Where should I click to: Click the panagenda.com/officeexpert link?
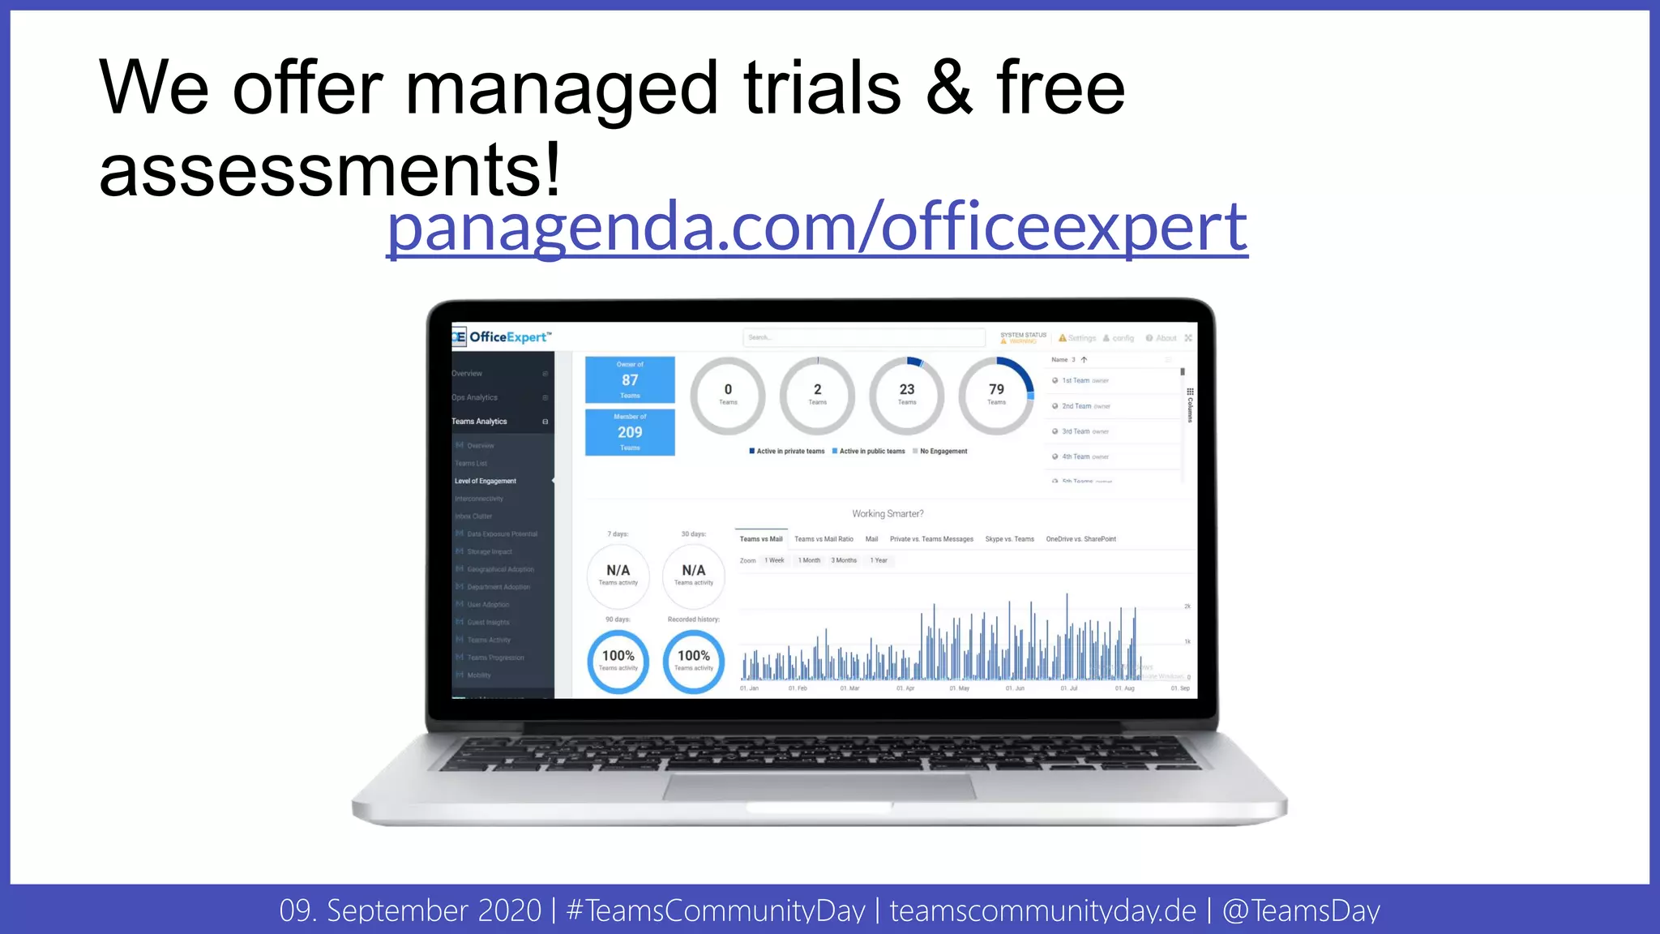coord(816,229)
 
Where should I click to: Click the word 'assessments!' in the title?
coord(329,171)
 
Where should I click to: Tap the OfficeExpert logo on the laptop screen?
coord(502,337)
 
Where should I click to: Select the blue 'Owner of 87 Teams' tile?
coord(630,379)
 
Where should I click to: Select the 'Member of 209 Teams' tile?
coord(630,432)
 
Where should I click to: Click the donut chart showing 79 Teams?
coord(996,395)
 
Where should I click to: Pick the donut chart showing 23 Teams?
coord(906,395)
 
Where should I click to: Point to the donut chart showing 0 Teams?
coord(728,395)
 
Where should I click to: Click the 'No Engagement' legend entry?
coord(942,452)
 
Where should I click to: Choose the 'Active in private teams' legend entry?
coord(788,452)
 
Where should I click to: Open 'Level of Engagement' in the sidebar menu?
coord(485,482)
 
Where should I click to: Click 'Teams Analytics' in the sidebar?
coord(479,422)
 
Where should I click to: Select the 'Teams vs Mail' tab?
coord(760,539)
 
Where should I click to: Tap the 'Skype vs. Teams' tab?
coord(1009,539)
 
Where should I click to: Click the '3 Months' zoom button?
coord(843,560)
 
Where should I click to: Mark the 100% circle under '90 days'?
coord(618,661)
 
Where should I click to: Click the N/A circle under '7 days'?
coord(618,575)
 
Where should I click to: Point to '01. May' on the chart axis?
coord(959,688)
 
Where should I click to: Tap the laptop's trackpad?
coord(819,786)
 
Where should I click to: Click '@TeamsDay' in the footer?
coord(1300,910)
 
